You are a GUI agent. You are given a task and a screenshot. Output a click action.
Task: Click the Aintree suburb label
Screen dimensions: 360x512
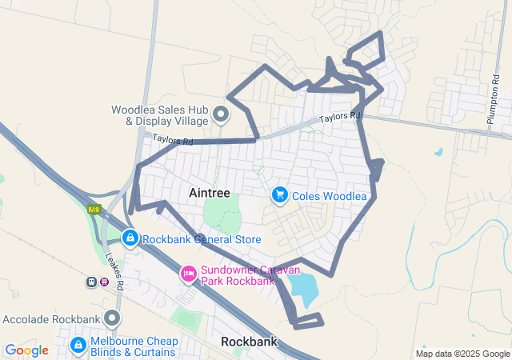(x=210, y=193)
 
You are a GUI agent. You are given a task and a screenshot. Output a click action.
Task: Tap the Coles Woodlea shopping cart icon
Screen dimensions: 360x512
(x=280, y=195)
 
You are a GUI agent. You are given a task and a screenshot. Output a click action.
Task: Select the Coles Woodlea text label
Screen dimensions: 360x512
(x=330, y=196)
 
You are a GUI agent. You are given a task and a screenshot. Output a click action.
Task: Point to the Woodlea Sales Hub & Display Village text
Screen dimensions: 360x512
(x=160, y=116)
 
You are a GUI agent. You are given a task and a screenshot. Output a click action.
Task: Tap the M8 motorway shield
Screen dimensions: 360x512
(x=95, y=210)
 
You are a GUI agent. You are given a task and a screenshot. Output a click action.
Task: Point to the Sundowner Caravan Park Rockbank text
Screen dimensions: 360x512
(x=254, y=275)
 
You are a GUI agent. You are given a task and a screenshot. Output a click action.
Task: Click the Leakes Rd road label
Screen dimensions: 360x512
(x=114, y=270)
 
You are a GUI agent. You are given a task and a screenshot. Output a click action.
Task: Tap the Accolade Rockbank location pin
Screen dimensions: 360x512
(x=112, y=318)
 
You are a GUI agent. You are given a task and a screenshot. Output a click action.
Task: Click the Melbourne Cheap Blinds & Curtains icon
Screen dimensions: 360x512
(x=78, y=345)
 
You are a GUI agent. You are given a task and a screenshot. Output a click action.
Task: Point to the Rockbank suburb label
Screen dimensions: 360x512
(x=249, y=342)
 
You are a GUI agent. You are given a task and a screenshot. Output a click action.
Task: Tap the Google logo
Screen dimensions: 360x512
(x=27, y=350)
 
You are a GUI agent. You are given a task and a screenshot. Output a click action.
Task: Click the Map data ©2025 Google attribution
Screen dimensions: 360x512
(x=462, y=354)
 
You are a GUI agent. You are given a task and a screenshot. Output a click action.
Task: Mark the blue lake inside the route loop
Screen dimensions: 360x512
(x=303, y=289)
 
